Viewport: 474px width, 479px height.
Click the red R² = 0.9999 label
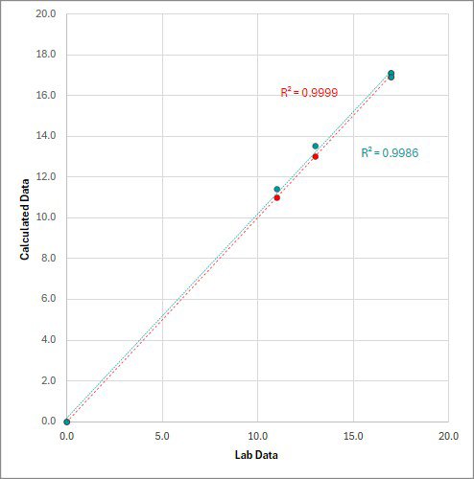point(308,93)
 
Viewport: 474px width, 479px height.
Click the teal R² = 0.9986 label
point(390,152)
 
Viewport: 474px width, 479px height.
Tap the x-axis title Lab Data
point(258,454)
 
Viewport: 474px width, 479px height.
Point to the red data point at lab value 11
point(276,197)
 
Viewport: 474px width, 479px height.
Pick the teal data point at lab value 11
point(276,189)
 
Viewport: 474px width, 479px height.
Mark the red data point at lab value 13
point(315,156)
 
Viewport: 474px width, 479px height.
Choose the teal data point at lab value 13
point(315,147)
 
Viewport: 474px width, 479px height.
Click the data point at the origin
point(66,422)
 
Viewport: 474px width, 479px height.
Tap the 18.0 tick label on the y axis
point(44,55)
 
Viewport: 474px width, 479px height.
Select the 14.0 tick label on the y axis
point(44,136)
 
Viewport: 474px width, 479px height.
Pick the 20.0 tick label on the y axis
point(44,14)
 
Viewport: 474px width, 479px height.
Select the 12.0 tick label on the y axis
point(44,177)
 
